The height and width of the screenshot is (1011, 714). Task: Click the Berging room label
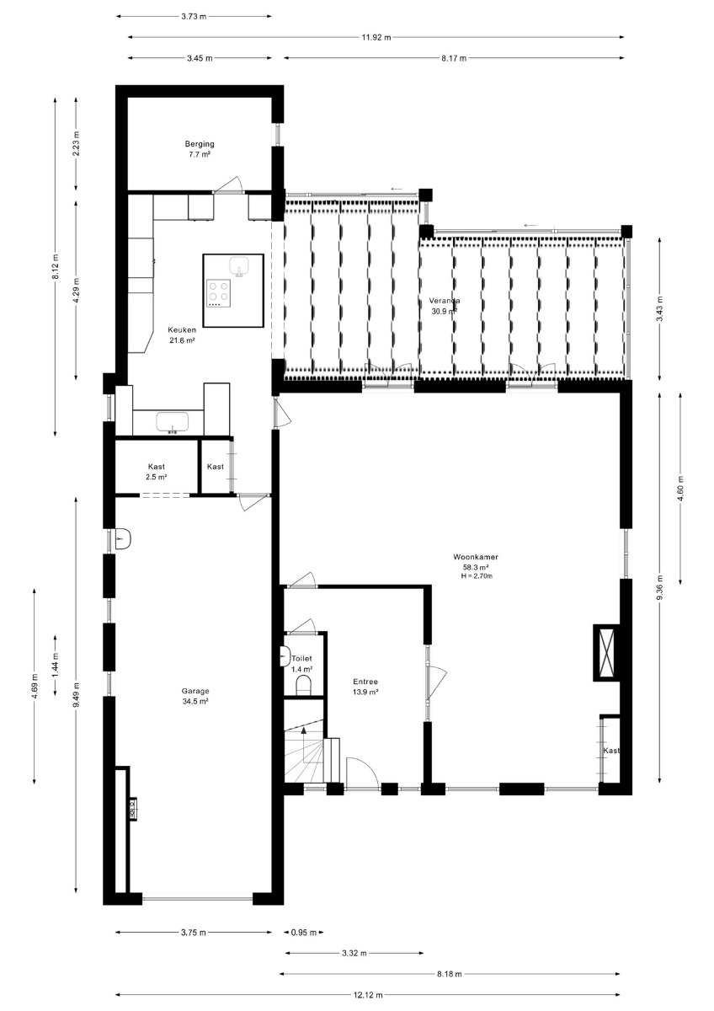click(200, 144)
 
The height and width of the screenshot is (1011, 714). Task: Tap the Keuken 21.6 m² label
click(182, 335)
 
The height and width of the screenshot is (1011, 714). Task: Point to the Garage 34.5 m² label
click(195, 696)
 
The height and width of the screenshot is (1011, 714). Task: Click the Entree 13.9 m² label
click(365, 687)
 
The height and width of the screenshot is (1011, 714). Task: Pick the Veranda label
click(445, 301)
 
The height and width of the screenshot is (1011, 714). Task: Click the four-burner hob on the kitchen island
click(219, 293)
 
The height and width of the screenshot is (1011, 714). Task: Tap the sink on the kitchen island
click(239, 266)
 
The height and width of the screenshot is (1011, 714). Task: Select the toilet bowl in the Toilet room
click(303, 687)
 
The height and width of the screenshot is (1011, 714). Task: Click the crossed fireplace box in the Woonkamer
click(605, 652)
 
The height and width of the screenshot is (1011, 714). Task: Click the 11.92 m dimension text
click(376, 37)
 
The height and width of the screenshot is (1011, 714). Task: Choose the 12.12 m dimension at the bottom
click(368, 994)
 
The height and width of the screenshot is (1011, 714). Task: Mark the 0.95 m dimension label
click(304, 932)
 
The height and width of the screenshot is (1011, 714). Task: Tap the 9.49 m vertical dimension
click(76, 695)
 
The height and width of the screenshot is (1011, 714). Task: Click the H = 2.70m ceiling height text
click(477, 576)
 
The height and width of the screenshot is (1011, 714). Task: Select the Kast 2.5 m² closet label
click(157, 472)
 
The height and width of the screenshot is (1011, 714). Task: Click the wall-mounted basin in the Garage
click(123, 539)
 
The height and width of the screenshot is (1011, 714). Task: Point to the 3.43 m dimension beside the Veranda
click(660, 309)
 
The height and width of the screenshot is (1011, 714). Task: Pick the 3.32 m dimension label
click(354, 953)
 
